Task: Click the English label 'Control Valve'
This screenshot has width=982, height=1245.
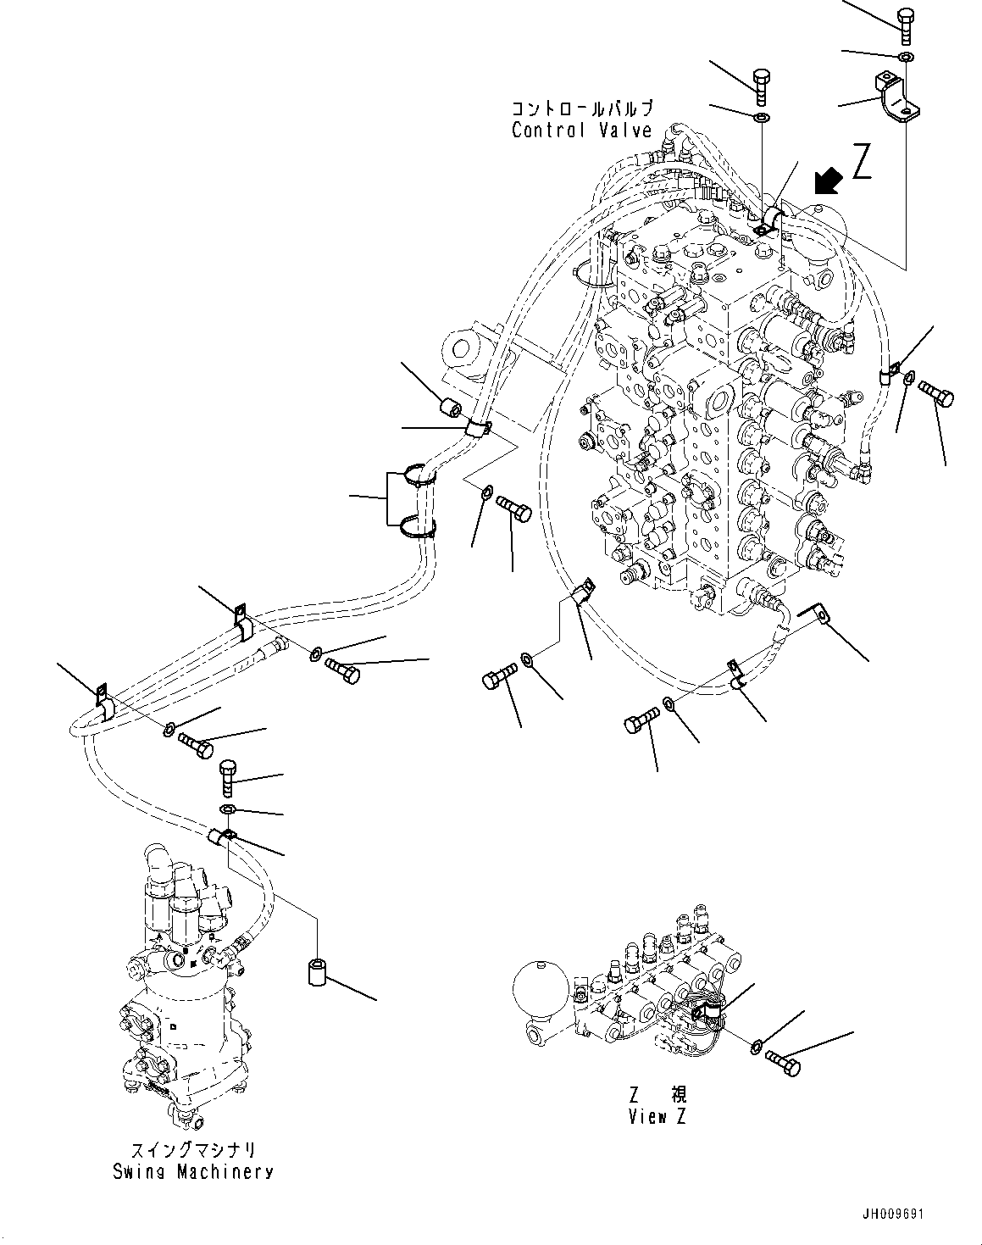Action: [581, 131]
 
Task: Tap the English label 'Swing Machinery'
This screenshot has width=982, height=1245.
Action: [193, 1172]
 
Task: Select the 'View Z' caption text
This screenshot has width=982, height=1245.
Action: [657, 1116]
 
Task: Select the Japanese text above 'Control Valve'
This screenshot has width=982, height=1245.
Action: [581, 109]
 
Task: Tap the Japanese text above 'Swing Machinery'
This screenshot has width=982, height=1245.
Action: [193, 1151]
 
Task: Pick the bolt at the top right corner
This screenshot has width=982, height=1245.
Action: [905, 24]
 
